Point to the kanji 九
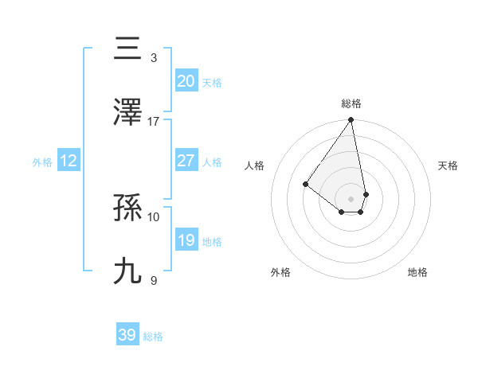[128, 271]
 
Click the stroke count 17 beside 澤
[154, 121]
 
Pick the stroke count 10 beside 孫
[154, 216]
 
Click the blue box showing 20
[186, 80]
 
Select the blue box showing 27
[186, 160]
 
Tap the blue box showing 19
[186, 240]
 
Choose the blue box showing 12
[69, 161]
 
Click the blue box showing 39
[127, 335]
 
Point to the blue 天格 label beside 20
[212, 82]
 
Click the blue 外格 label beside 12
[42, 162]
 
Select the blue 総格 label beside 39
[153, 337]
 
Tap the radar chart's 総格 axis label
[351, 103]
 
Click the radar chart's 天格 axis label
[449, 166]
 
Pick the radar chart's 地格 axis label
[417, 272]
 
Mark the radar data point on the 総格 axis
[351, 121]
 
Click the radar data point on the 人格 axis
[305, 185]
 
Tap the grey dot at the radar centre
[351, 199]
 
